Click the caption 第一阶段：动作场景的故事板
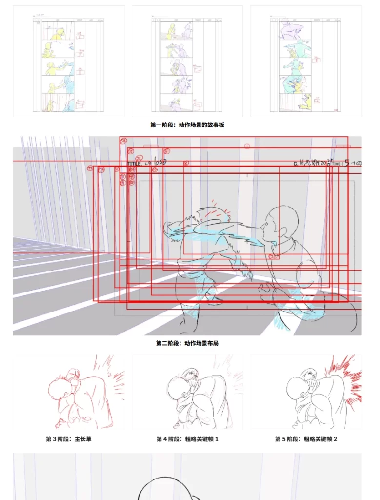tap(187, 125)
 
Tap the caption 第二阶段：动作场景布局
tap(187, 343)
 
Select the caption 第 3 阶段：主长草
tap(69, 439)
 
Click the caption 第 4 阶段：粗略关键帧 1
tap(187, 439)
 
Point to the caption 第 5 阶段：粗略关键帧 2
tap(306, 439)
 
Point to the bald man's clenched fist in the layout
tap(266, 293)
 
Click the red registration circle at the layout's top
tap(247, 146)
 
